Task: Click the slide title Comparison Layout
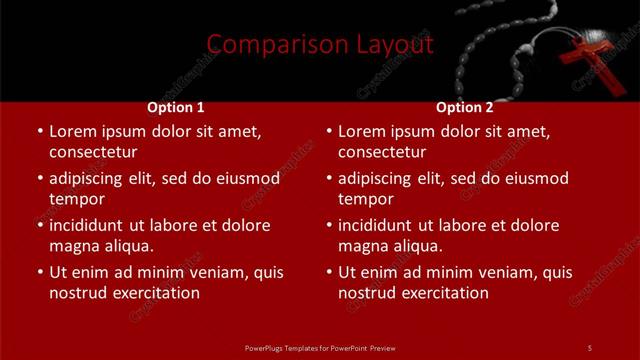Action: point(320,45)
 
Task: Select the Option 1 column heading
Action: point(176,107)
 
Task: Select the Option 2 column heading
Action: point(465,107)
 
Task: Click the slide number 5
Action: point(589,347)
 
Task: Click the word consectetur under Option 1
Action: point(93,152)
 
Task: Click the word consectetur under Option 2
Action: point(382,152)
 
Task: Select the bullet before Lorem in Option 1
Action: point(40,132)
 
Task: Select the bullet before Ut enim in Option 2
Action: point(329,272)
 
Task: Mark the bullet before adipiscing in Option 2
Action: point(329,179)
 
